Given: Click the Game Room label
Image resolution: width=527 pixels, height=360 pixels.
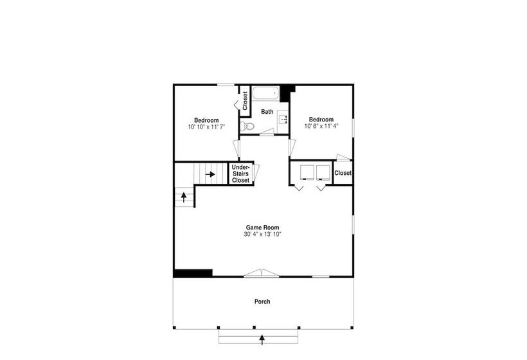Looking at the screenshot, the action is point(262,228).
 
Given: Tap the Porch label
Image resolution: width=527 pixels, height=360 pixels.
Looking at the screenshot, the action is point(262,301).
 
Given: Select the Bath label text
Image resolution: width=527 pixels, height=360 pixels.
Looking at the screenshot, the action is point(267,112).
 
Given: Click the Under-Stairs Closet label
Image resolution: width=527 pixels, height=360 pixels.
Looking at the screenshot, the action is point(241,174).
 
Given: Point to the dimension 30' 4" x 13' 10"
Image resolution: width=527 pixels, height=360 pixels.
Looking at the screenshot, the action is point(262,234).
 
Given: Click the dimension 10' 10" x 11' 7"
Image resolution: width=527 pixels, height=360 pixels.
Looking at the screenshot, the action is point(206,127).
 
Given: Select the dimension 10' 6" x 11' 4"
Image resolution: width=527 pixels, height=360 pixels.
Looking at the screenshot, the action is point(321,126).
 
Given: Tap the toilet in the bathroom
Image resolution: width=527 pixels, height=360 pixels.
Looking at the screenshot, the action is point(247,127).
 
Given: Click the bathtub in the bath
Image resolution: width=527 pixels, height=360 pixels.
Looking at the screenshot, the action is point(265,93).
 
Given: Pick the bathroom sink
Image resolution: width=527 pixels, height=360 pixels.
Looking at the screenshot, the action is point(283,119).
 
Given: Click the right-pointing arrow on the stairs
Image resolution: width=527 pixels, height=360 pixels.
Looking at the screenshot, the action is point(210,174).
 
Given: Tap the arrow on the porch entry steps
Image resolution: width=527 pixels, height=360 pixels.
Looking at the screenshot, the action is point(262,339).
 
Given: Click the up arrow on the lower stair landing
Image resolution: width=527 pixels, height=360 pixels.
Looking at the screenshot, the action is point(184,197).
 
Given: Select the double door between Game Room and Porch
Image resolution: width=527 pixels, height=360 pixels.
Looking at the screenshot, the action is point(262,273).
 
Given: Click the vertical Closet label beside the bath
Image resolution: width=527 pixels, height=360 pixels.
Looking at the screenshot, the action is point(245,101).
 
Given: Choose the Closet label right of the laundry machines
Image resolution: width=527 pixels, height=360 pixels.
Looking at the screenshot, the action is point(343,173).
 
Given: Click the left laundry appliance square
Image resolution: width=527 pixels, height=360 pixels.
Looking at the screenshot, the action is point(307,172).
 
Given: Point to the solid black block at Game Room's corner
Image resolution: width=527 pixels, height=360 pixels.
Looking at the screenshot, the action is point(193,273).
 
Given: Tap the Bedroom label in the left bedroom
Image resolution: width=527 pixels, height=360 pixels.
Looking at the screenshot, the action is point(206,120).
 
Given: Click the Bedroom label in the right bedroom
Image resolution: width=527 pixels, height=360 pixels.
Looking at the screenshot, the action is point(321,120).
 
